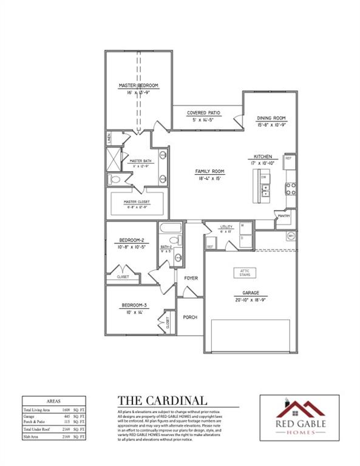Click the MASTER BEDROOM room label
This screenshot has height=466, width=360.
(x=138, y=86)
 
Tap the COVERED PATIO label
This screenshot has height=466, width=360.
(x=203, y=113)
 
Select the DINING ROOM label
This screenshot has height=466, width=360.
(x=271, y=118)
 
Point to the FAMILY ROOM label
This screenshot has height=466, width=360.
(x=209, y=171)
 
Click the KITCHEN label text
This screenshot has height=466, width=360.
(x=262, y=156)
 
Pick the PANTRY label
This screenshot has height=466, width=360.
(x=282, y=215)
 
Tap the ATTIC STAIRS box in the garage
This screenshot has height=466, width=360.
(x=245, y=272)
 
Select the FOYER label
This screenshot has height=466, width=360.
(x=191, y=278)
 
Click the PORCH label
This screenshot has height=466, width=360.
(x=191, y=317)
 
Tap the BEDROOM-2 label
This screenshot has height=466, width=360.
(x=131, y=240)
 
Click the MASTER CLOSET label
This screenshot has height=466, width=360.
(x=137, y=201)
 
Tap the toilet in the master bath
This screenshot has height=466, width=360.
(x=114, y=180)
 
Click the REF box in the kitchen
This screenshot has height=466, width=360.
(x=288, y=158)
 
